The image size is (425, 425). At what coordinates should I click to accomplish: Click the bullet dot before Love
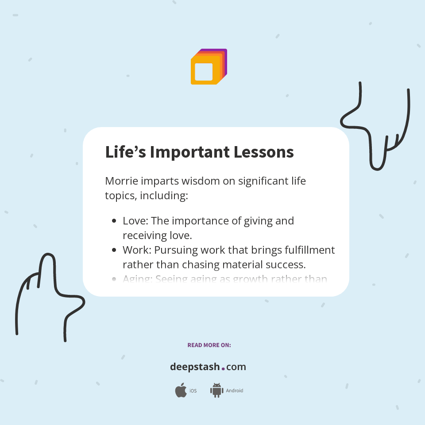point(114,221)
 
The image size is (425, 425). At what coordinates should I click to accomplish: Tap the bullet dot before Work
point(114,250)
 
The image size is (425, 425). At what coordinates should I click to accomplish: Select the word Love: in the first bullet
point(135,220)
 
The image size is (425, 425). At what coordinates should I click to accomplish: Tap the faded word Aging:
point(137,279)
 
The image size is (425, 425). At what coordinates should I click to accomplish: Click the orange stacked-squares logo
point(209,66)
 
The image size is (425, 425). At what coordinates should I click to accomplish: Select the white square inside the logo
point(204,72)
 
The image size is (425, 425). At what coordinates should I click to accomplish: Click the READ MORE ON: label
point(209,345)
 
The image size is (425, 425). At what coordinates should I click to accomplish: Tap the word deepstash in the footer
point(195,367)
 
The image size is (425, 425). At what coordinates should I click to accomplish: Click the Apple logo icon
point(181,390)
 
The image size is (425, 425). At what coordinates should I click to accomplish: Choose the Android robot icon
point(216,390)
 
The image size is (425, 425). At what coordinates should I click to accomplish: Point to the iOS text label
point(193,391)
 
